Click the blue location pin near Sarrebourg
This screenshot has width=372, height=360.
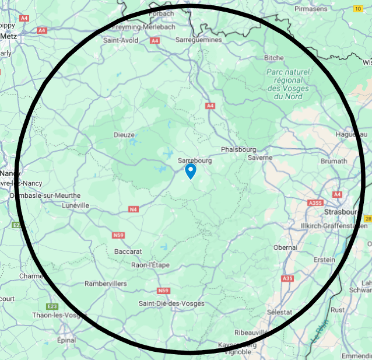click(190, 171)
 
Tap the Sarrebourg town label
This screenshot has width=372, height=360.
click(195, 160)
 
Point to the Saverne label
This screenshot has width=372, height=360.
click(260, 158)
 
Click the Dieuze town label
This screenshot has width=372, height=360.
click(124, 135)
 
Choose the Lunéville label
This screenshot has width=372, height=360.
click(75, 205)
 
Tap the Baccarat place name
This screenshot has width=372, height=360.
click(128, 251)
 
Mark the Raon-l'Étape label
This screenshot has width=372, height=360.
click(150, 265)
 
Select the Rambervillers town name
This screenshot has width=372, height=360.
click(106, 284)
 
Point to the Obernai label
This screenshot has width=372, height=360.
click(285, 247)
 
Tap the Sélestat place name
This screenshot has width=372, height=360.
click(279, 312)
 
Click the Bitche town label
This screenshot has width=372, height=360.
click(274, 58)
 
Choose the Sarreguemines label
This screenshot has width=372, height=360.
click(199, 40)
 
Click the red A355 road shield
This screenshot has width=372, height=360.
click(315, 202)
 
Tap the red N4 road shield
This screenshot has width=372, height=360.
click(134, 209)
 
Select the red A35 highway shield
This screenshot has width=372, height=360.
click(287, 278)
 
